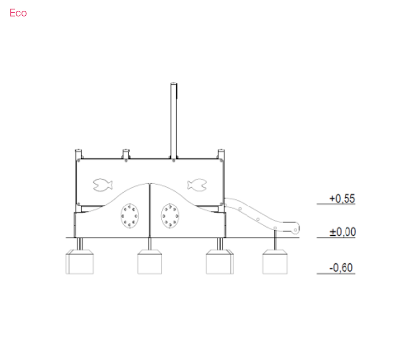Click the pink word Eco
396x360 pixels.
pos(18,13)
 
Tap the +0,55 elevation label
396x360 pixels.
pos(342,199)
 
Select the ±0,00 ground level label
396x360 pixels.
pos(343,232)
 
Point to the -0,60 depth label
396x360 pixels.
pos(341,268)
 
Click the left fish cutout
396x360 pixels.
pos(102,185)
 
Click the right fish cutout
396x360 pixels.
pos(197,185)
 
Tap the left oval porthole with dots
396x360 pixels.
pos(130,216)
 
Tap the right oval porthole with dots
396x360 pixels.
pos(170,216)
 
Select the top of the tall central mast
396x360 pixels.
pos(174,83)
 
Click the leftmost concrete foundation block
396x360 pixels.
pos(80,262)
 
